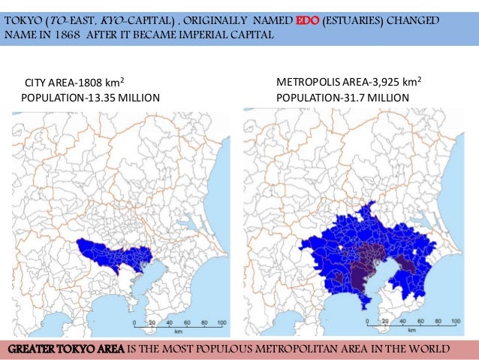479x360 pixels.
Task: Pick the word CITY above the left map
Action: click(x=37, y=83)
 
